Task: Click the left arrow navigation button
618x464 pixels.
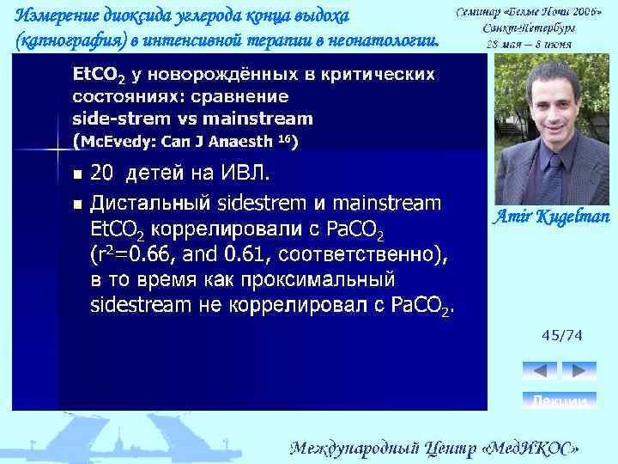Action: pos(539,370)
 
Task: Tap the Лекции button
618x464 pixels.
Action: pos(560,401)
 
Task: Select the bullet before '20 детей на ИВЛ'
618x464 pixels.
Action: pos(76,174)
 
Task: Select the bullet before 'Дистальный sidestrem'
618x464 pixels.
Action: pos(76,205)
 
